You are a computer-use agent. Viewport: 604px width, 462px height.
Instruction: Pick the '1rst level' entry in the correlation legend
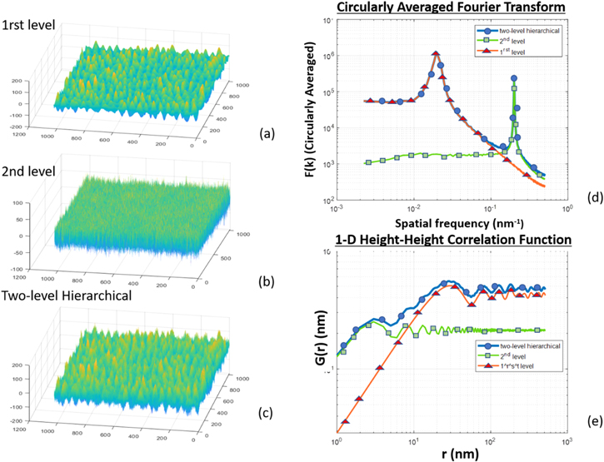(x=520, y=364)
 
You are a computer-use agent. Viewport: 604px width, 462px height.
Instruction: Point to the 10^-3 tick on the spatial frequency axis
(x=337, y=212)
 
